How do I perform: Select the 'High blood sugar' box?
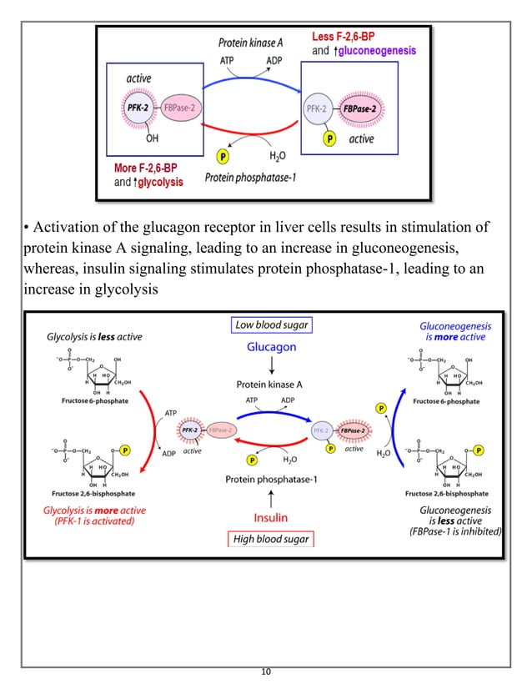click(x=271, y=538)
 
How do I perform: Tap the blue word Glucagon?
click(x=271, y=348)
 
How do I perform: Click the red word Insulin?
click(x=271, y=517)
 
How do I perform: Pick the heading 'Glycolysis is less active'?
click(x=93, y=337)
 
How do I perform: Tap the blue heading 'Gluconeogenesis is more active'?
click(x=454, y=332)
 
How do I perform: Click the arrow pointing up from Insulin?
click(x=271, y=498)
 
